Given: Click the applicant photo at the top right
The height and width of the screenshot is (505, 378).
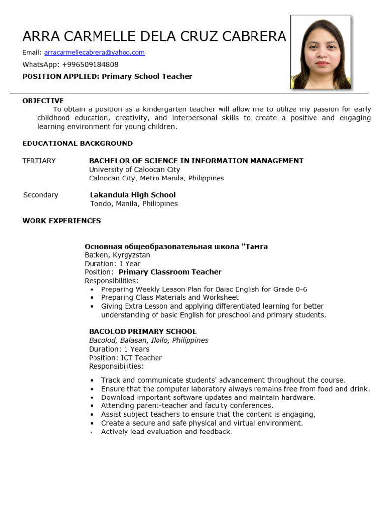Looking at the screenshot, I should [x=321, y=52].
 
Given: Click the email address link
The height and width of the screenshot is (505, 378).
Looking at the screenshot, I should [x=94, y=53].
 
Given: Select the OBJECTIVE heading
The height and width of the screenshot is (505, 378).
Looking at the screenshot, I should [x=43, y=101].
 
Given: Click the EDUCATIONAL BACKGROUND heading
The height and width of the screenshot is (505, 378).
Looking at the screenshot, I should [x=77, y=144].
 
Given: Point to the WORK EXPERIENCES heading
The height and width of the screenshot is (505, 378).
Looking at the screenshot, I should [x=62, y=221].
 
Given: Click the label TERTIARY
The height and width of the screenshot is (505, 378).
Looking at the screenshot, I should [x=39, y=161].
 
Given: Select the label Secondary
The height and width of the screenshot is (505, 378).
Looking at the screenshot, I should [x=40, y=195].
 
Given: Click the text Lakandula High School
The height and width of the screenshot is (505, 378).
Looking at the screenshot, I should [x=132, y=195].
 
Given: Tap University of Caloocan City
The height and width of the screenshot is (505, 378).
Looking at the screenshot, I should [x=134, y=169].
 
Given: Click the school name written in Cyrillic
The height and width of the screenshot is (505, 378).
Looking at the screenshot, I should [x=176, y=246].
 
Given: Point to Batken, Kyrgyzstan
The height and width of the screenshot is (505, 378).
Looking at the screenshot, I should [x=117, y=255].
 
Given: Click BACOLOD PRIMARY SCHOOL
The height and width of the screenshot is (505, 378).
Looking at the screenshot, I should [x=142, y=332].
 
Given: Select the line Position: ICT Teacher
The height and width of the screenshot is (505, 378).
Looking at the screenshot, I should [x=125, y=358].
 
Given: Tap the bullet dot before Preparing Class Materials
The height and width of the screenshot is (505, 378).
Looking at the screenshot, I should [x=92, y=298].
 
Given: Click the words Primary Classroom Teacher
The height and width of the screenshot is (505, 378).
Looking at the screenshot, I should [x=170, y=272].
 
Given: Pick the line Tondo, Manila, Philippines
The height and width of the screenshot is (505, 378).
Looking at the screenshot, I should [x=134, y=204].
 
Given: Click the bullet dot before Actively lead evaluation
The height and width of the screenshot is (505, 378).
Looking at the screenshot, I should [x=92, y=433].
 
